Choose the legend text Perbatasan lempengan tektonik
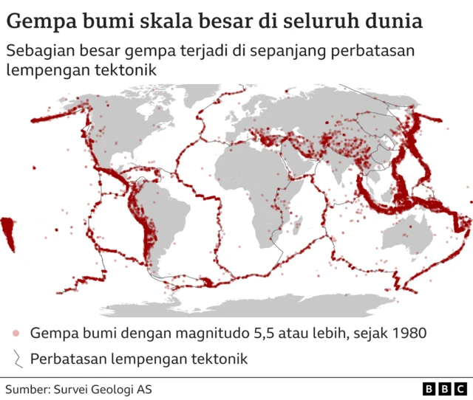[138, 359]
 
